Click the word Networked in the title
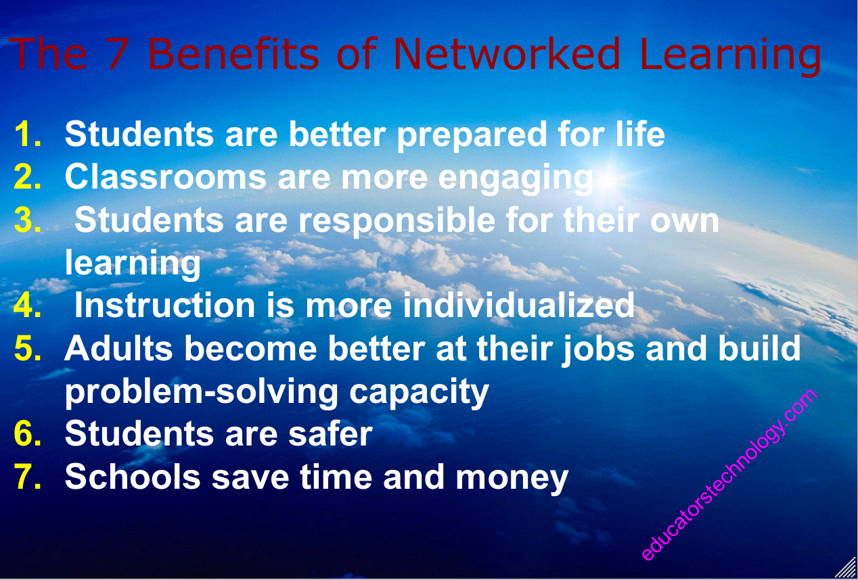506,53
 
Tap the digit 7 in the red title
117,53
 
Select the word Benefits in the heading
233,53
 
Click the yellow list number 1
27,134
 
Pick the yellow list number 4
27,305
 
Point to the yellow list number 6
27,433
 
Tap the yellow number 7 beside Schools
27,477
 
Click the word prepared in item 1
472,136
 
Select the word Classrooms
166,176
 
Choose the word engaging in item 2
516,179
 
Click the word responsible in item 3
397,221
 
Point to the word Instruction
165,305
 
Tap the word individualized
519,305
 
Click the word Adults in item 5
118,347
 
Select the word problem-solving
202,393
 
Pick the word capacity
419,393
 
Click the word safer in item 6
330,433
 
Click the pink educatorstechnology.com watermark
729,475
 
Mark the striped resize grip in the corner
847,568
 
